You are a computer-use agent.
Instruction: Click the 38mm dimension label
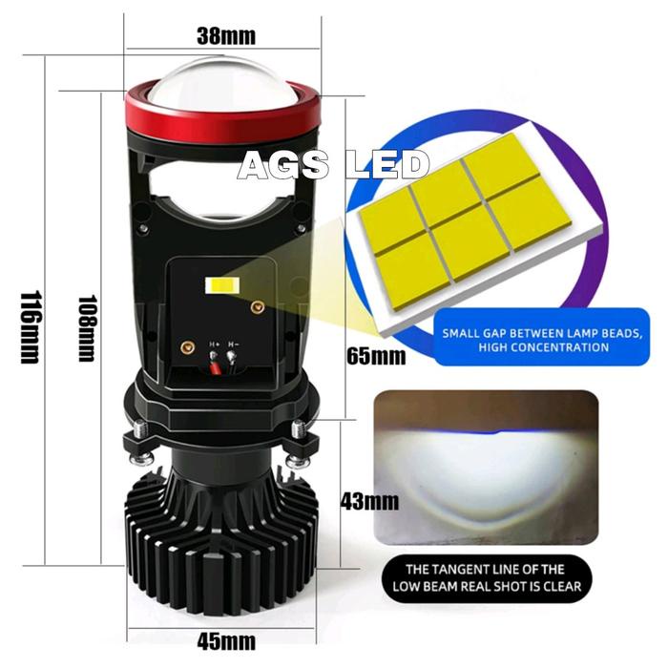pos(226,37)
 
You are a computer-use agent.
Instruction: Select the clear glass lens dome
pos(220,80)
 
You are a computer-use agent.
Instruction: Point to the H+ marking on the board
pos(213,344)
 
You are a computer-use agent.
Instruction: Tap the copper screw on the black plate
pos(256,306)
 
